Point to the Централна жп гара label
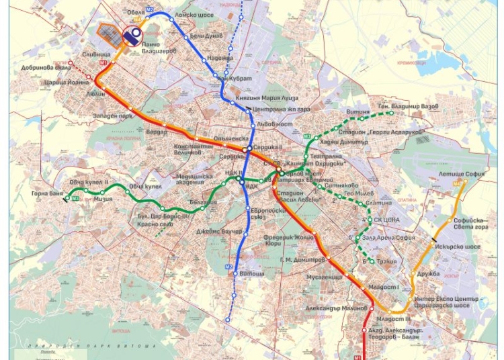pos(275,107)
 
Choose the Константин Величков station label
pos(197,149)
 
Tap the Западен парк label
pos(108,117)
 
